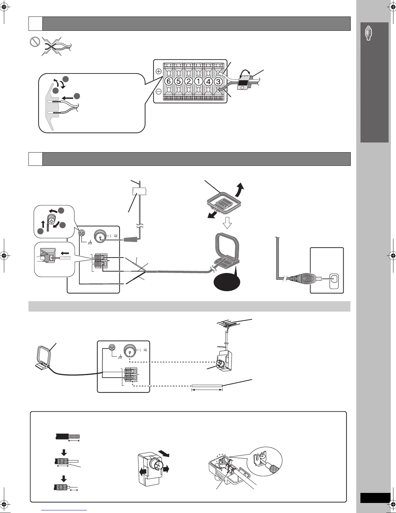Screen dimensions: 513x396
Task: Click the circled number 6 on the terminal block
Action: (169, 81)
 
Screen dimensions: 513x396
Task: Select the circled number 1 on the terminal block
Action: (198, 81)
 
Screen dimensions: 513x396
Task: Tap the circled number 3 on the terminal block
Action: (218, 81)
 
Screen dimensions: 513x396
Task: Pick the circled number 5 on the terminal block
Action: (179, 81)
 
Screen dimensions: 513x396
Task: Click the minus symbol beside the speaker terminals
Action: (159, 92)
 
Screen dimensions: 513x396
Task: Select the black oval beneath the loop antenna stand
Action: (227, 284)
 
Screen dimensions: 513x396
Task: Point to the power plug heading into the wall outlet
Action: (304, 278)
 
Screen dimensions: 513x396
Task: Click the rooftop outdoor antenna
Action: (233, 324)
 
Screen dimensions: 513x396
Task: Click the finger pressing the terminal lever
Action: (41, 258)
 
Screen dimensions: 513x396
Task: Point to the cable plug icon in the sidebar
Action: (368, 33)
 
